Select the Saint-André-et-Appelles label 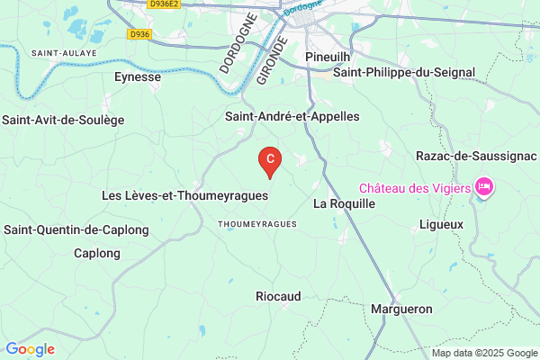(292, 117)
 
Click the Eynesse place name (138, 77)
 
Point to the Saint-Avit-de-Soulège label (63, 120)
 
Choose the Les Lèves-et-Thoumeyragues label (184, 194)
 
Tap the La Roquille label (343, 203)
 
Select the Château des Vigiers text (416, 188)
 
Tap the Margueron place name (401, 309)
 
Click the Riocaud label (278, 296)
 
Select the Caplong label (96, 253)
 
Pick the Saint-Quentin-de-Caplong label (76, 229)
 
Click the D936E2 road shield (165, 4)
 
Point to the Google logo (30, 349)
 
